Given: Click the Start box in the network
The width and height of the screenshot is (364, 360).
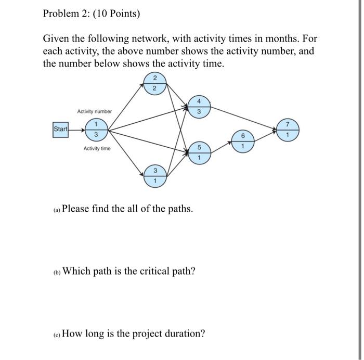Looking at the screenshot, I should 60,129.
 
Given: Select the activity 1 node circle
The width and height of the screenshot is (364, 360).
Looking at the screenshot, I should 96,129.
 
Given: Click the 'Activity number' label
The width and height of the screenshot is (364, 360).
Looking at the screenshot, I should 94,111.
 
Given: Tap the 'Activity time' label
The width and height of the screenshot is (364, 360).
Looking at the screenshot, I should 97,149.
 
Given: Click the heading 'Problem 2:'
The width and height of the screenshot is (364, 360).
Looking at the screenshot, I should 64,14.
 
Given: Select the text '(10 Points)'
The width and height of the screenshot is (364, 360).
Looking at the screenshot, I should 114,14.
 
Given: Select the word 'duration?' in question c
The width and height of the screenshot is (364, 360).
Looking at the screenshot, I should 185,333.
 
